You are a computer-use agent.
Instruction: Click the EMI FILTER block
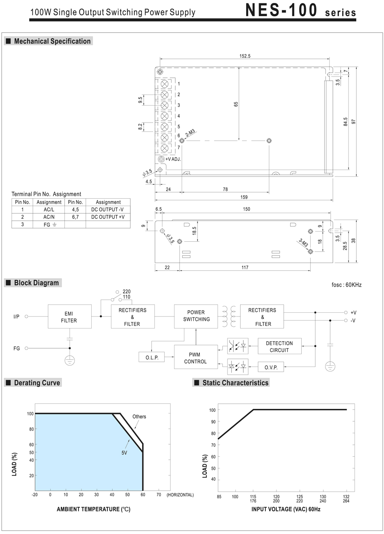click(x=70, y=317)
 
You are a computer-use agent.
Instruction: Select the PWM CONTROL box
click(x=195, y=358)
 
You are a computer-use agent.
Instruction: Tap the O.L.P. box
click(x=151, y=357)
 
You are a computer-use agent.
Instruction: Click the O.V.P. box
click(x=271, y=367)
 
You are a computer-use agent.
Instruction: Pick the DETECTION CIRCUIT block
click(x=279, y=346)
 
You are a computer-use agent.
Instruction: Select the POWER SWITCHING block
click(x=196, y=316)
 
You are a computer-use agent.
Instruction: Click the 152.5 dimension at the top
click(x=245, y=56)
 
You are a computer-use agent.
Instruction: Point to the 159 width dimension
click(x=244, y=197)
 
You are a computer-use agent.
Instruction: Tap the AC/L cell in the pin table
click(x=49, y=209)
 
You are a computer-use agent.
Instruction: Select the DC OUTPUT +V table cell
click(x=108, y=217)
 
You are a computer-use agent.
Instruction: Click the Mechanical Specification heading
click(x=52, y=41)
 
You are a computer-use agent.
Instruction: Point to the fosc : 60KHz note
click(x=346, y=285)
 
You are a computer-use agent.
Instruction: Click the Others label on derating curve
click(x=139, y=417)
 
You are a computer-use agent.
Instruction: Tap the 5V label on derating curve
click(x=124, y=452)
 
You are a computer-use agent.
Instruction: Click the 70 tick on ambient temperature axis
click(x=158, y=495)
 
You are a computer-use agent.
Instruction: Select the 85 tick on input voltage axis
click(x=218, y=496)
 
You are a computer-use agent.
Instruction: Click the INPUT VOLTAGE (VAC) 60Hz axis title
click(x=286, y=509)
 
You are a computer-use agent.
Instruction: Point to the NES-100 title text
click(x=282, y=10)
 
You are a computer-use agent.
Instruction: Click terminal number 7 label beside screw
click(x=179, y=147)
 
